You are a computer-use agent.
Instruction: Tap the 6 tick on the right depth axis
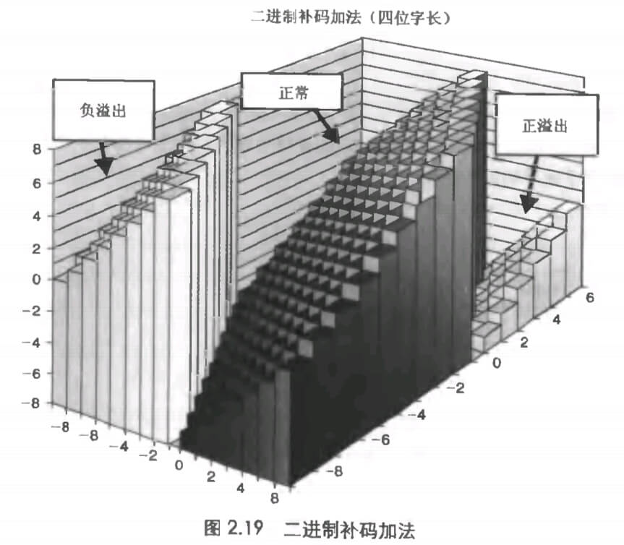pyautogui.click(x=590, y=297)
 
